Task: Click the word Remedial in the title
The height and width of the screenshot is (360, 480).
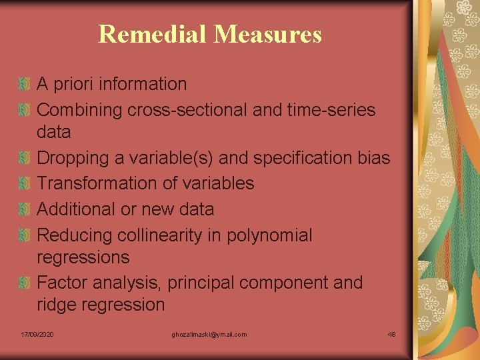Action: pyautogui.click(x=152, y=34)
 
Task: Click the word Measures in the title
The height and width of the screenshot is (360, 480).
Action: pyautogui.click(x=267, y=34)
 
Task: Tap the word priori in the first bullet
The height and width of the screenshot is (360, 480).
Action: pyautogui.click(x=73, y=84)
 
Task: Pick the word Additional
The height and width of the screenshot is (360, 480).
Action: pyautogui.click(x=76, y=209)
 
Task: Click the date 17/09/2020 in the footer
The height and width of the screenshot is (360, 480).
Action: pyautogui.click(x=37, y=334)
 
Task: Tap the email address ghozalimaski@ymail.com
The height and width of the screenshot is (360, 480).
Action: pyautogui.click(x=208, y=334)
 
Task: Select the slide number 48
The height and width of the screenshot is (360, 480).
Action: pyautogui.click(x=391, y=334)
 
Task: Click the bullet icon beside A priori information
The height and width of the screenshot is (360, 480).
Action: pyautogui.click(x=25, y=84)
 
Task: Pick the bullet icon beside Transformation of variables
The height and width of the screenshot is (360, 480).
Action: pyautogui.click(x=25, y=183)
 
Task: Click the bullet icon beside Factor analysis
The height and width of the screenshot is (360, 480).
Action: pyautogui.click(x=25, y=283)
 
